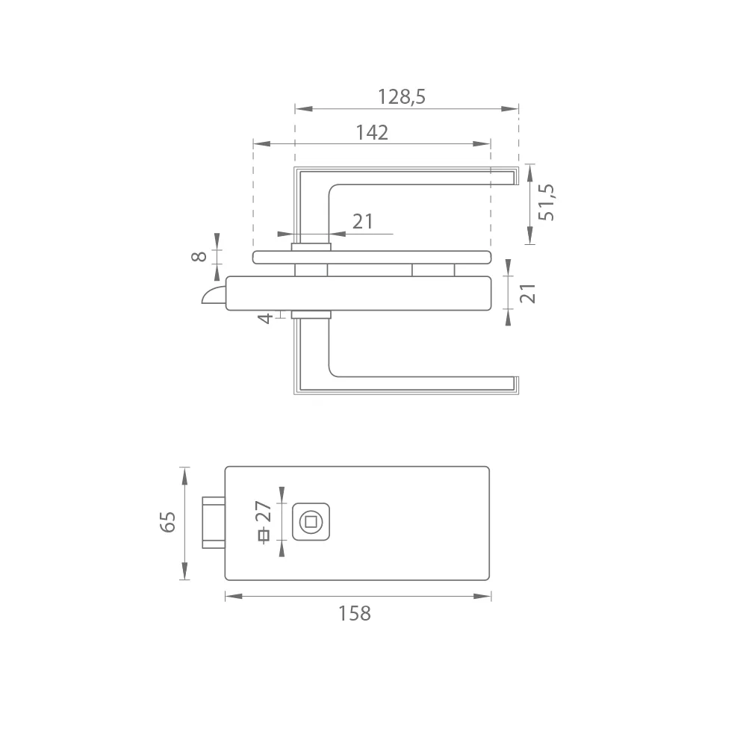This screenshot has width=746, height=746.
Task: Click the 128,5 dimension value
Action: (x=402, y=96)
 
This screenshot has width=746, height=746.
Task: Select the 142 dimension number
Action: (x=372, y=132)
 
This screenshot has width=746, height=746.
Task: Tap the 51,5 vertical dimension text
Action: (x=547, y=202)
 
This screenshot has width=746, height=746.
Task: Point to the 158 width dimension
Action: (x=355, y=613)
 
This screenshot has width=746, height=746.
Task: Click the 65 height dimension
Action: (x=167, y=522)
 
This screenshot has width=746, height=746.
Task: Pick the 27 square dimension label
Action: (x=264, y=512)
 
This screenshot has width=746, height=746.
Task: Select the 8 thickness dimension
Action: (x=199, y=256)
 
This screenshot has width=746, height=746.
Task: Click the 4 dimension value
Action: (x=266, y=318)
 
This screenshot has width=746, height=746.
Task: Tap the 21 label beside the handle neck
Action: (x=362, y=222)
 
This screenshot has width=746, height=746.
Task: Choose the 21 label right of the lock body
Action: (x=528, y=293)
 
